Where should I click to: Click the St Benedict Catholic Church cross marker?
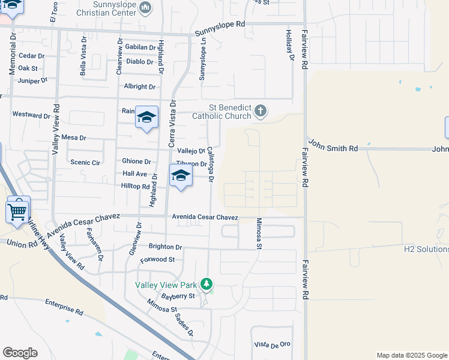(260, 110)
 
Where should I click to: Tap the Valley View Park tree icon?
(206, 284)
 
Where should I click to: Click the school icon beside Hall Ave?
(180, 176)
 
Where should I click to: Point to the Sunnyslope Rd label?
(220, 25)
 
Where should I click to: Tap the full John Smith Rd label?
(334, 148)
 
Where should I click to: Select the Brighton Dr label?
(165, 247)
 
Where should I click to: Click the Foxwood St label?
(157, 260)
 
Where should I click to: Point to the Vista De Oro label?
(272, 344)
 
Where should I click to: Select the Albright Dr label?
(139, 87)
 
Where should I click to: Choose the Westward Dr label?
(31, 115)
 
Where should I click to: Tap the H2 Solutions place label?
(426, 248)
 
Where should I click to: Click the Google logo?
(20, 353)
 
